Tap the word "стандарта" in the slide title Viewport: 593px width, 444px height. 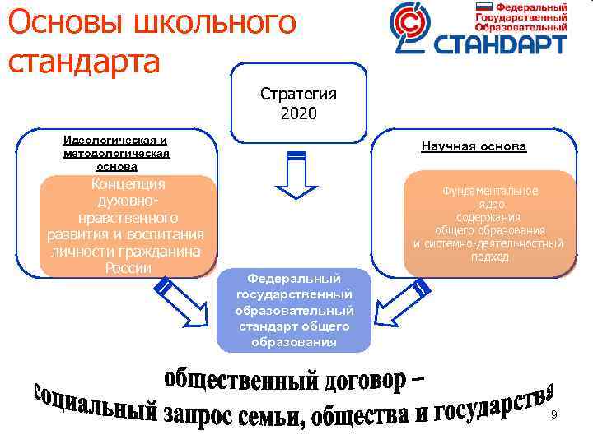tap(82, 61)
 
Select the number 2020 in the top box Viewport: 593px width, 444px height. tap(297, 110)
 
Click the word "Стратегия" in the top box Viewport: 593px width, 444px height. tap(297, 93)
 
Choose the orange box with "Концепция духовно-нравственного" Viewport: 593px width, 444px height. tap(128, 224)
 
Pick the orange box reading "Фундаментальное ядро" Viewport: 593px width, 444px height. tap(489, 222)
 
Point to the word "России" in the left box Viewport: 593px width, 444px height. tap(128, 268)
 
